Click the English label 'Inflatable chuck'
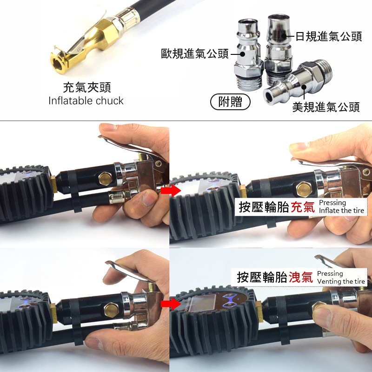86,101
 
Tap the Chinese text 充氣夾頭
87,87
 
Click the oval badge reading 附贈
230,102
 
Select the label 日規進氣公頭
329,37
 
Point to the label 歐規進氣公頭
195,53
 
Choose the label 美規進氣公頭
326,107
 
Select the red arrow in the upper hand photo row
171,190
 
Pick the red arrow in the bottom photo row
171,304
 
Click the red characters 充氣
303,207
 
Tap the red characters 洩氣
301,277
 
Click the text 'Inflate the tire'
341,211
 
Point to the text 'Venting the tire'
341,281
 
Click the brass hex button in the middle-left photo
106,179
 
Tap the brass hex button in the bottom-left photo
111,310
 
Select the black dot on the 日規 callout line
284,36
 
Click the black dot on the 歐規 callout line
242,54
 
